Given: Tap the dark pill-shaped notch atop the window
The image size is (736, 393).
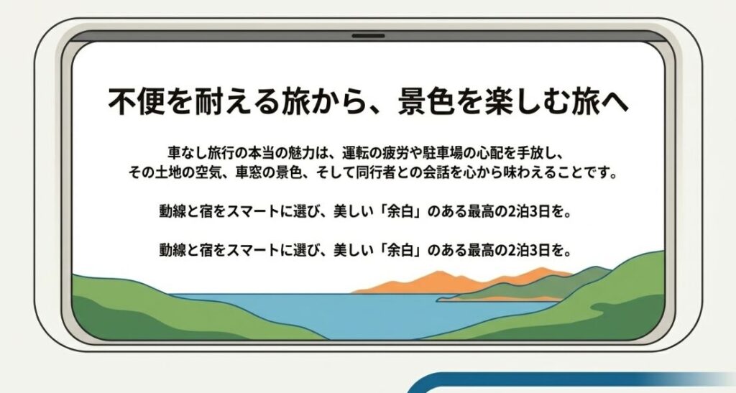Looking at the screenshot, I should click(x=368, y=35).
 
